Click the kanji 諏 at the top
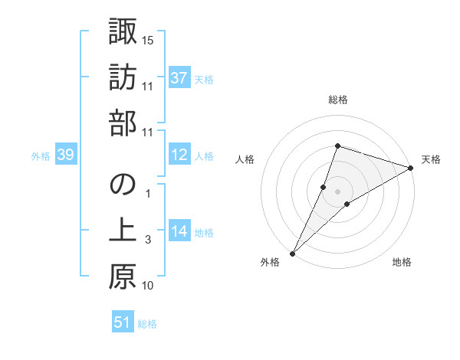(x=122, y=32)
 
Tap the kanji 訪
(x=122, y=77)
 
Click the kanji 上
(x=122, y=231)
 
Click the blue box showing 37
(x=179, y=78)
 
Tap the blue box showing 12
(x=179, y=155)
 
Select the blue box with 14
(x=179, y=232)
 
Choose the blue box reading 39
(x=65, y=155)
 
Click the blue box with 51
(x=122, y=322)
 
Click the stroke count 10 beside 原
(x=148, y=286)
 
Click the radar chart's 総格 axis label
(x=338, y=100)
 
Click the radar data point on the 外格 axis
(x=293, y=253)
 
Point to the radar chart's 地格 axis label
(x=402, y=262)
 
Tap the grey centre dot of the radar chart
(x=338, y=191)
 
